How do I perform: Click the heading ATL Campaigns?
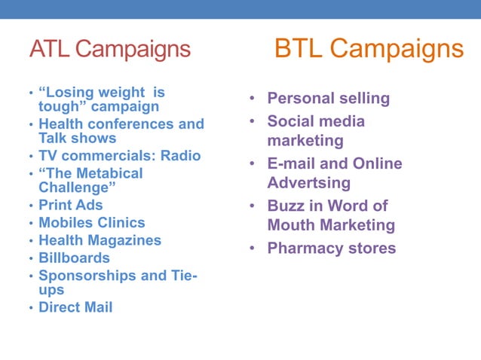(110, 49)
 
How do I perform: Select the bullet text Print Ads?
(71, 205)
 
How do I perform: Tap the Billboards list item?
(74, 258)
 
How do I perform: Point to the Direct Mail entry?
(75, 307)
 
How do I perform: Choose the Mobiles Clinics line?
(92, 223)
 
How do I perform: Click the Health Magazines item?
(100, 240)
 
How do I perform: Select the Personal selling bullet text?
(329, 98)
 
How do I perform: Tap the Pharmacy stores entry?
(332, 248)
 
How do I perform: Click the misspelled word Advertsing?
(309, 183)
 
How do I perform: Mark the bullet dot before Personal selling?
(253, 99)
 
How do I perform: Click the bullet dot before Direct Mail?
(31, 308)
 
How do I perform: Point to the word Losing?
(74, 93)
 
